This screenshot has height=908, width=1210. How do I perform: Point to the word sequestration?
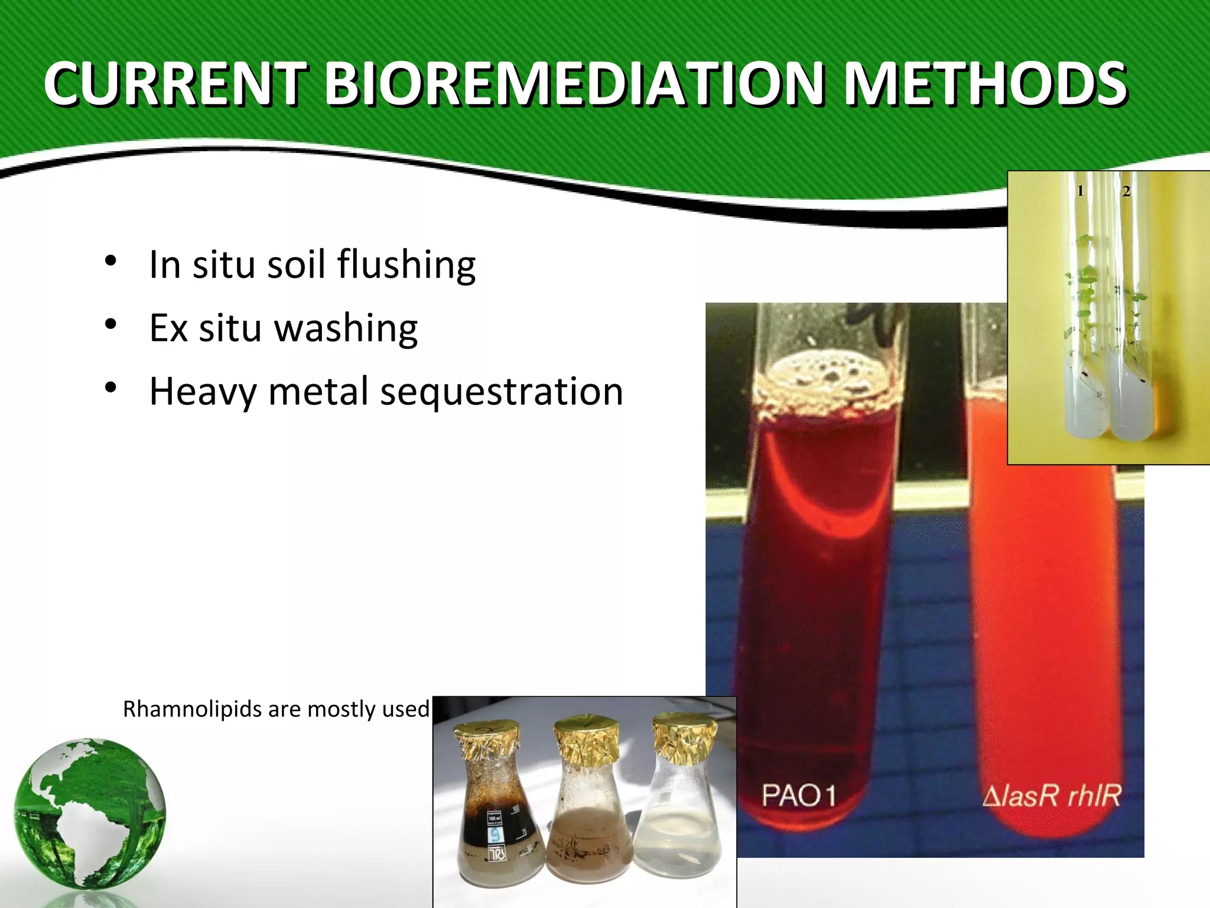click(x=501, y=391)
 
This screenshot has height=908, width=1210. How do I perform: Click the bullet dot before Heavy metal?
click(x=110, y=388)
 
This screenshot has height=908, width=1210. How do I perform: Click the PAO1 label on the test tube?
click(x=798, y=795)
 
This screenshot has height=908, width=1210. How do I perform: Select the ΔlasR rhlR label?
click(x=1052, y=795)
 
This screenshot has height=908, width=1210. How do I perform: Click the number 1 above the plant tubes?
click(x=1080, y=191)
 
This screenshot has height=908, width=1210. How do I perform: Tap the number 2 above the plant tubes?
click(x=1126, y=191)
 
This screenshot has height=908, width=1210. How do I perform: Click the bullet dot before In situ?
click(x=110, y=261)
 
